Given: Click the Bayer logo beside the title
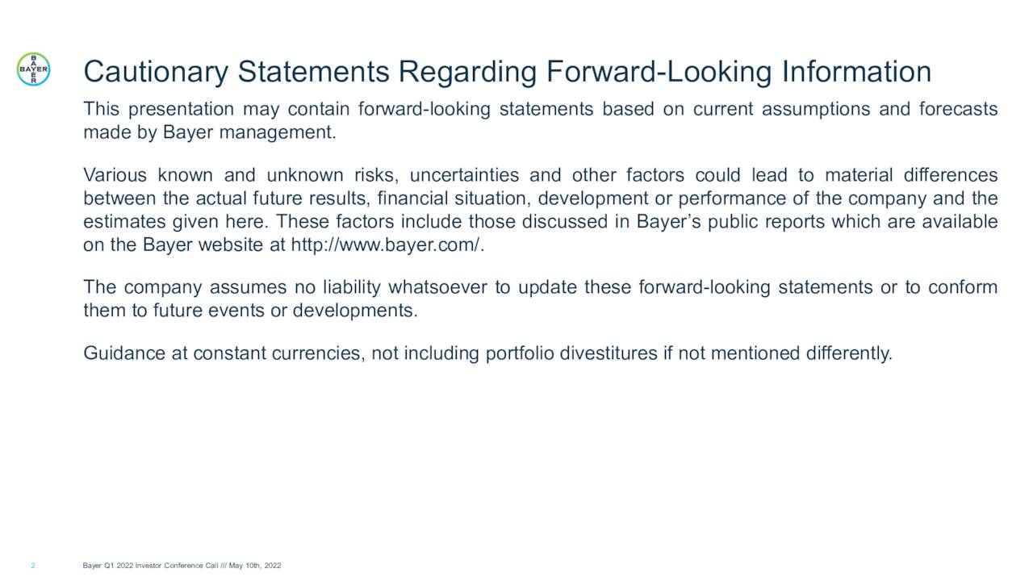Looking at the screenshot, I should click(33, 70).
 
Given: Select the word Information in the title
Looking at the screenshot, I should click(856, 72).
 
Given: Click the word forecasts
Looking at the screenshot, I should click(958, 109).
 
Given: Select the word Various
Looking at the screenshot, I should click(115, 175).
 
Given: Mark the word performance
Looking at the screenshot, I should click(726, 199).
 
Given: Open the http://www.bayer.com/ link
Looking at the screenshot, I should click(387, 245).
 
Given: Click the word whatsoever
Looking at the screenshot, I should click(438, 288).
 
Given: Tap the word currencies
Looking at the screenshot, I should click(316, 353).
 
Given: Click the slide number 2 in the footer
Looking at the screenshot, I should click(33, 566).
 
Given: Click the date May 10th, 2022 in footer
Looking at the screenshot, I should click(255, 566).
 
